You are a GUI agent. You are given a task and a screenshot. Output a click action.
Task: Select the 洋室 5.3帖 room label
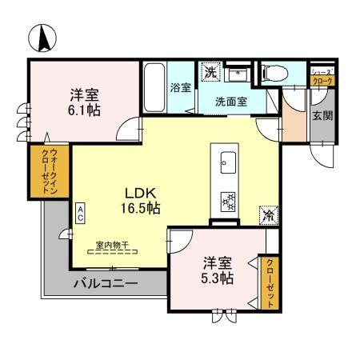(x=217, y=270)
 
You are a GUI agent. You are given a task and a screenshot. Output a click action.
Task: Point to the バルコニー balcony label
(x=106, y=283)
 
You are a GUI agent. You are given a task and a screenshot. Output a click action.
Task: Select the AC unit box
(x=81, y=213)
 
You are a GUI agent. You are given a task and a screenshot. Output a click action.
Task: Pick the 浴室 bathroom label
(x=180, y=87)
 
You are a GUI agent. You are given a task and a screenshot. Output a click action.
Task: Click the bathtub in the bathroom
(x=154, y=88)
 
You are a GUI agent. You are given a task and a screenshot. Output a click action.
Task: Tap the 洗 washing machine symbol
(x=210, y=72)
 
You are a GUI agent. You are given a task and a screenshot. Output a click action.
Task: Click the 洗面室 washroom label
(x=230, y=102)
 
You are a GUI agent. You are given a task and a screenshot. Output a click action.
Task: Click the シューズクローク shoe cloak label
(x=322, y=77)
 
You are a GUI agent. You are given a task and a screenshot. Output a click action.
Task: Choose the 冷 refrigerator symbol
(x=269, y=214)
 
